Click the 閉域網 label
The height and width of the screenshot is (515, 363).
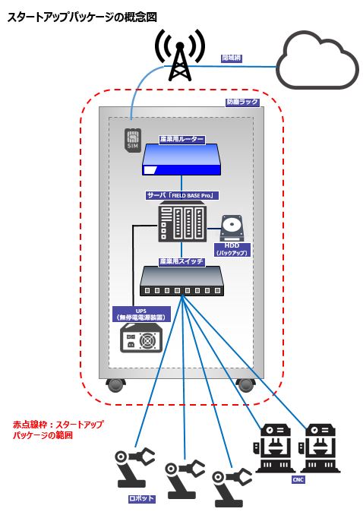(x=231, y=58)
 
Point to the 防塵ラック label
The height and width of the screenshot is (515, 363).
(x=243, y=102)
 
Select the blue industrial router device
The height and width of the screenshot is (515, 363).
(x=181, y=160)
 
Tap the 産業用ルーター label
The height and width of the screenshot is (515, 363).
(x=182, y=140)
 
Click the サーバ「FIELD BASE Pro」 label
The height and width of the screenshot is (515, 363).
(x=182, y=195)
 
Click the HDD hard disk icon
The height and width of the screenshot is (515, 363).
(x=232, y=227)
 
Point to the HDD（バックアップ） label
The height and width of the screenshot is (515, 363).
(x=232, y=248)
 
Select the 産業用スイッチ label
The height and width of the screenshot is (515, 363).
(x=181, y=261)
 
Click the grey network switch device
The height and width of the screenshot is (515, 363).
(x=181, y=282)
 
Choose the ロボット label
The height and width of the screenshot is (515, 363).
(x=142, y=498)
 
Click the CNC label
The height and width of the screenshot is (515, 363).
(x=298, y=480)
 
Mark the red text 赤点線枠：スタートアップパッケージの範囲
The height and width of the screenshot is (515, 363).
(x=58, y=430)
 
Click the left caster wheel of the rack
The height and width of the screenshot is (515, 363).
(x=115, y=384)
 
